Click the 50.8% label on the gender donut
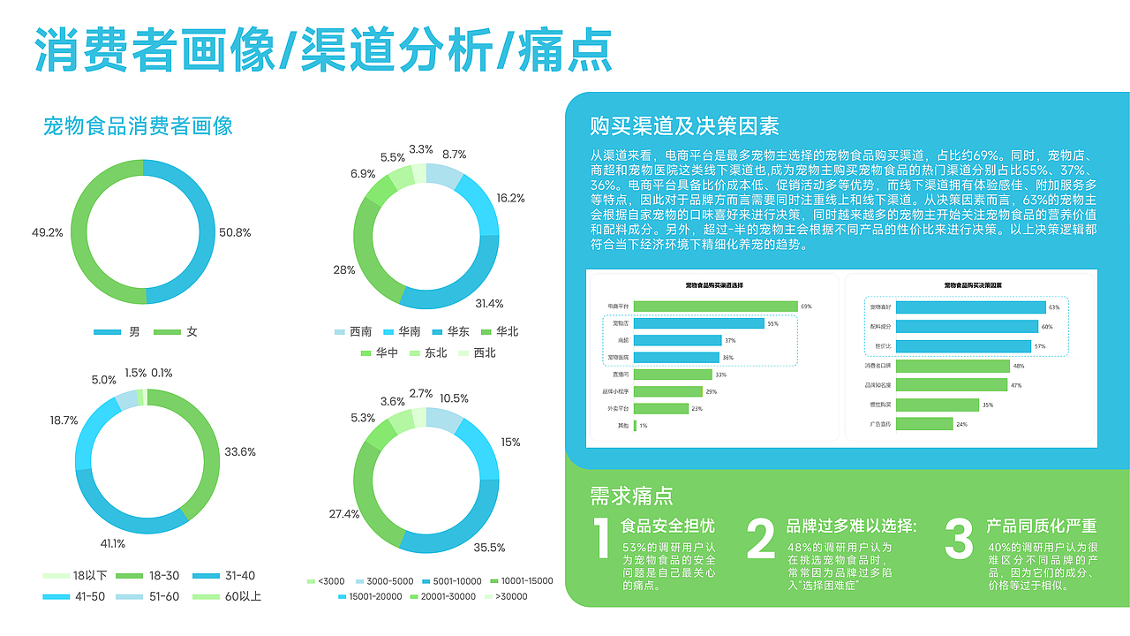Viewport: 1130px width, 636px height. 235,233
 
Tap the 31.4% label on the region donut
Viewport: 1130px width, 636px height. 489,304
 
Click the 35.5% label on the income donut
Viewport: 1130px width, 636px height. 490,548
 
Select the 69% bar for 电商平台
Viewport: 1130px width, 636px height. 715,307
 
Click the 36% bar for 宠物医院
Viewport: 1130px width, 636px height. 677,358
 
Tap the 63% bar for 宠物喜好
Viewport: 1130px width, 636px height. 957,307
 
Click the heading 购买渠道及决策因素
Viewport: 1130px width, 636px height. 684,126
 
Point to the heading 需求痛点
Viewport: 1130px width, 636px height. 631,496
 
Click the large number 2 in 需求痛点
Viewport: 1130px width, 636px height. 760,541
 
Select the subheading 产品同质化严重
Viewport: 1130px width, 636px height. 1042,526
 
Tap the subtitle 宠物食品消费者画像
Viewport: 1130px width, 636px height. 138,126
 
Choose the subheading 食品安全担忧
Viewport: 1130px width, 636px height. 668,526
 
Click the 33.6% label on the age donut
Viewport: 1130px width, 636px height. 240,452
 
